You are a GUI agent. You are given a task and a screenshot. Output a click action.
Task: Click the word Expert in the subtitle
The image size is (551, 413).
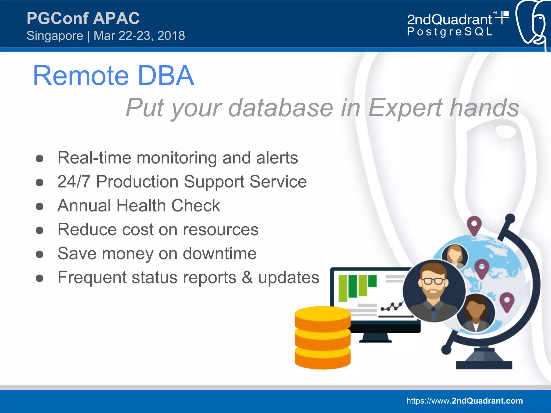[x=405, y=108]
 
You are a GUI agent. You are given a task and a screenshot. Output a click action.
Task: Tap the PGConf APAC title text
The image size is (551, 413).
[x=83, y=18]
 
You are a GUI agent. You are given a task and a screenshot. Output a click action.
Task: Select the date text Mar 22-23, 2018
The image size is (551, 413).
[x=139, y=36]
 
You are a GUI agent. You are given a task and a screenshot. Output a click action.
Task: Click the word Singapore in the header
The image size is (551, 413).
[x=55, y=36]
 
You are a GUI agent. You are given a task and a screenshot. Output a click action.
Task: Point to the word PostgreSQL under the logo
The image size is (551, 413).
[x=449, y=32]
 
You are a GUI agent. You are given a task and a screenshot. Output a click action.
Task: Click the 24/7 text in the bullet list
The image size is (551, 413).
[x=74, y=182]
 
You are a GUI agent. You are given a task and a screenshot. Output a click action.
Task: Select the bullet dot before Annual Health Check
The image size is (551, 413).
[x=40, y=206]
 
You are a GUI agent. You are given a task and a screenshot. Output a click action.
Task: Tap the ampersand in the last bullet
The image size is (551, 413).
[x=247, y=278]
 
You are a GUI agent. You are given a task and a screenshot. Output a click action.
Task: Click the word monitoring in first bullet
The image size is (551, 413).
[x=176, y=158]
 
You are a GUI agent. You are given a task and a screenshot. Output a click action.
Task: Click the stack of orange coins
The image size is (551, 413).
[x=323, y=337]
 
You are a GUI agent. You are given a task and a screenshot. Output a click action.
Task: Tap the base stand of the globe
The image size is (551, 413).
[x=484, y=361]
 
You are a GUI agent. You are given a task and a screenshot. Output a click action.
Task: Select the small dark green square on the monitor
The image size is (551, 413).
[x=372, y=281]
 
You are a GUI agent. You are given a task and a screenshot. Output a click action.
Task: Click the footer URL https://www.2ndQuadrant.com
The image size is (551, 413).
[x=464, y=401]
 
